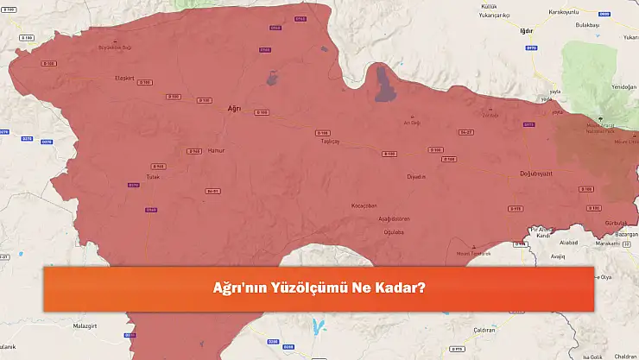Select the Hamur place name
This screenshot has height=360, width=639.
click(x=216, y=150)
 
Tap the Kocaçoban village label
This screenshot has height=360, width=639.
click(x=365, y=205)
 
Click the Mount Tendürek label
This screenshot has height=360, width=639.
click(x=474, y=253)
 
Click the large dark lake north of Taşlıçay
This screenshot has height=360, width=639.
click(x=381, y=85)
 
